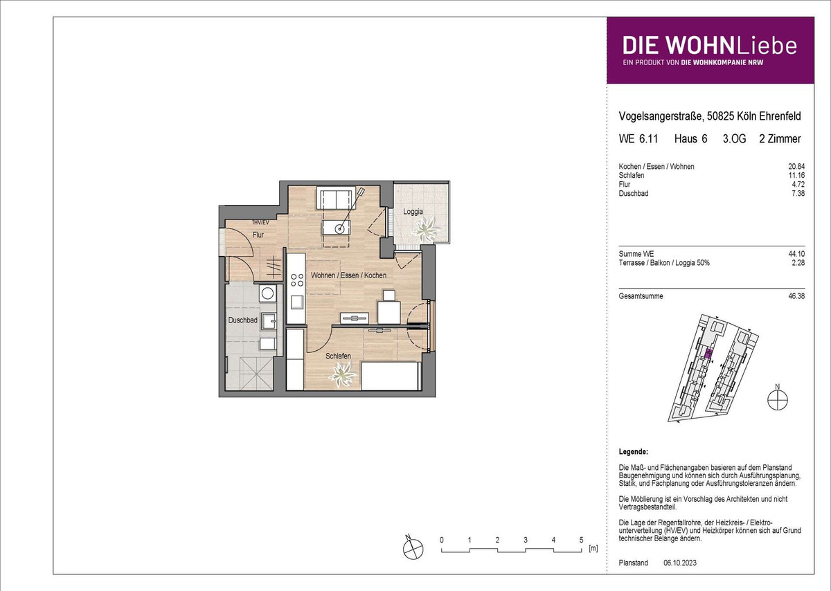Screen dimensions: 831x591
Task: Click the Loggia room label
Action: click(x=413, y=212)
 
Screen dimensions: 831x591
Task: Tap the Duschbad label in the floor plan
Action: click(x=242, y=320)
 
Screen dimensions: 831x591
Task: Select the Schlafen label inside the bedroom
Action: click(x=338, y=356)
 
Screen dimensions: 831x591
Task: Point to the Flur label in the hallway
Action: click(x=258, y=235)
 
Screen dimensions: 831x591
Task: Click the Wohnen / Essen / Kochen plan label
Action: click(x=348, y=275)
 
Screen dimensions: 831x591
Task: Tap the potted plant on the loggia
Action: click(x=427, y=230)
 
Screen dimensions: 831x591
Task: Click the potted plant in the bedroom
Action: click(x=342, y=375)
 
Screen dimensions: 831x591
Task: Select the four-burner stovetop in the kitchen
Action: click(x=297, y=280)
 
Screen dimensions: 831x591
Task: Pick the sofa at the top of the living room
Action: click(x=334, y=199)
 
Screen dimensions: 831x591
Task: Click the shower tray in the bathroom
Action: click(x=256, y=374)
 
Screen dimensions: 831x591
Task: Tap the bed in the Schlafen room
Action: click(x=391, y=376)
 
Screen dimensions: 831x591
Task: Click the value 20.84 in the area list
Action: click(x=796, y=167)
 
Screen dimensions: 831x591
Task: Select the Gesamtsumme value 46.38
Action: click(x=796, y=296)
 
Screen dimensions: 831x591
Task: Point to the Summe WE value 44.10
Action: click(x=796, y=254)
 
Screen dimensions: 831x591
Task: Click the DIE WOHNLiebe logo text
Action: click(x=709, y=46)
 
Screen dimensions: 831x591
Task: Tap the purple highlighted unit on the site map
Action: click(x=708, y=354)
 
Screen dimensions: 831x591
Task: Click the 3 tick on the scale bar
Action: click(x=526, y=540)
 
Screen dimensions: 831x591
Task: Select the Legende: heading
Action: click(x=633, y=452)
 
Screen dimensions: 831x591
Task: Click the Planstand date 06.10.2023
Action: click(x=680, y=563)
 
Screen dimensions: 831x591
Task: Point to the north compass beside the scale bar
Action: click(x=413, y=548)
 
